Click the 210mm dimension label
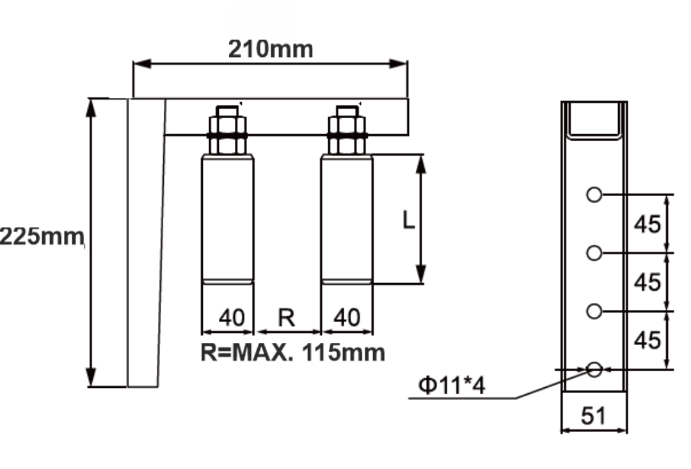tap(271, 49)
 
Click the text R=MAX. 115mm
tap(293, 351)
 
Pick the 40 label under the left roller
tap(232, 317)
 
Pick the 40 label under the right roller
tap(347, 317)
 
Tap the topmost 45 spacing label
tap(646, 224)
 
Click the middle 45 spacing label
tap(646, 282)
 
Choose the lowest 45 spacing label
tap(646, 340)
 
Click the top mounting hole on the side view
tap(594, 194)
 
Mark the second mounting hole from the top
tap(594, 253)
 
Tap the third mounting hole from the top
tap(594, 311)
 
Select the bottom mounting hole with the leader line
tap(594, 369)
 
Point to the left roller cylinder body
tap(227, 217)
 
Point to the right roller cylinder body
tap(346, 217)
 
